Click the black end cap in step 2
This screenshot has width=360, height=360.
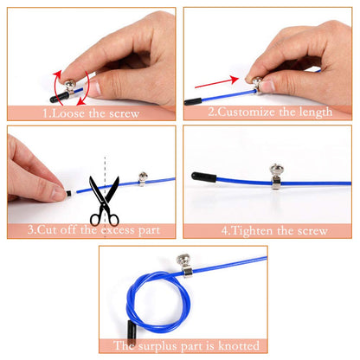coord(195,100)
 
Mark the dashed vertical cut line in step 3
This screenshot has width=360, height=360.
coord(105,169)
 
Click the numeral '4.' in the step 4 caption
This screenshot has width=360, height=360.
coord(226,231)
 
